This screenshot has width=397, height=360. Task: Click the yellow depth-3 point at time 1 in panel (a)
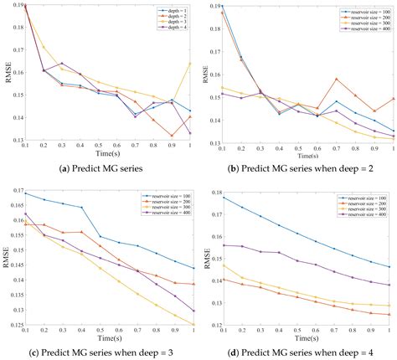pyautogui.click(x=191, y=64)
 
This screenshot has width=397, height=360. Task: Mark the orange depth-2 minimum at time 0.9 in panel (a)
pyautogui.click(x=172, y=136)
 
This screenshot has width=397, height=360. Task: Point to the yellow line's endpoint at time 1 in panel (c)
pyautogui.click(x=191, y=324)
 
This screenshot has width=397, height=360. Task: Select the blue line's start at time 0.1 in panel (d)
pyautogui.click(x=222, y=197)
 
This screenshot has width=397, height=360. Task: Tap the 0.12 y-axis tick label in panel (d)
pyautogui.click(x=210, y=324)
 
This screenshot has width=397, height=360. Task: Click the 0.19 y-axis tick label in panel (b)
pyautogui.click(x=210, y=6)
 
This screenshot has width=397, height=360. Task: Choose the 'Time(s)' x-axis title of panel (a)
pyautogui.click(x=109, y=155)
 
